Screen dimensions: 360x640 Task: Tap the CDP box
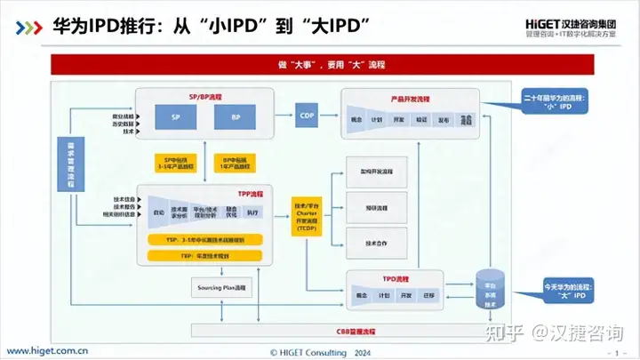[307, 116]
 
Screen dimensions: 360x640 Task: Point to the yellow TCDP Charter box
[306, 214]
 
